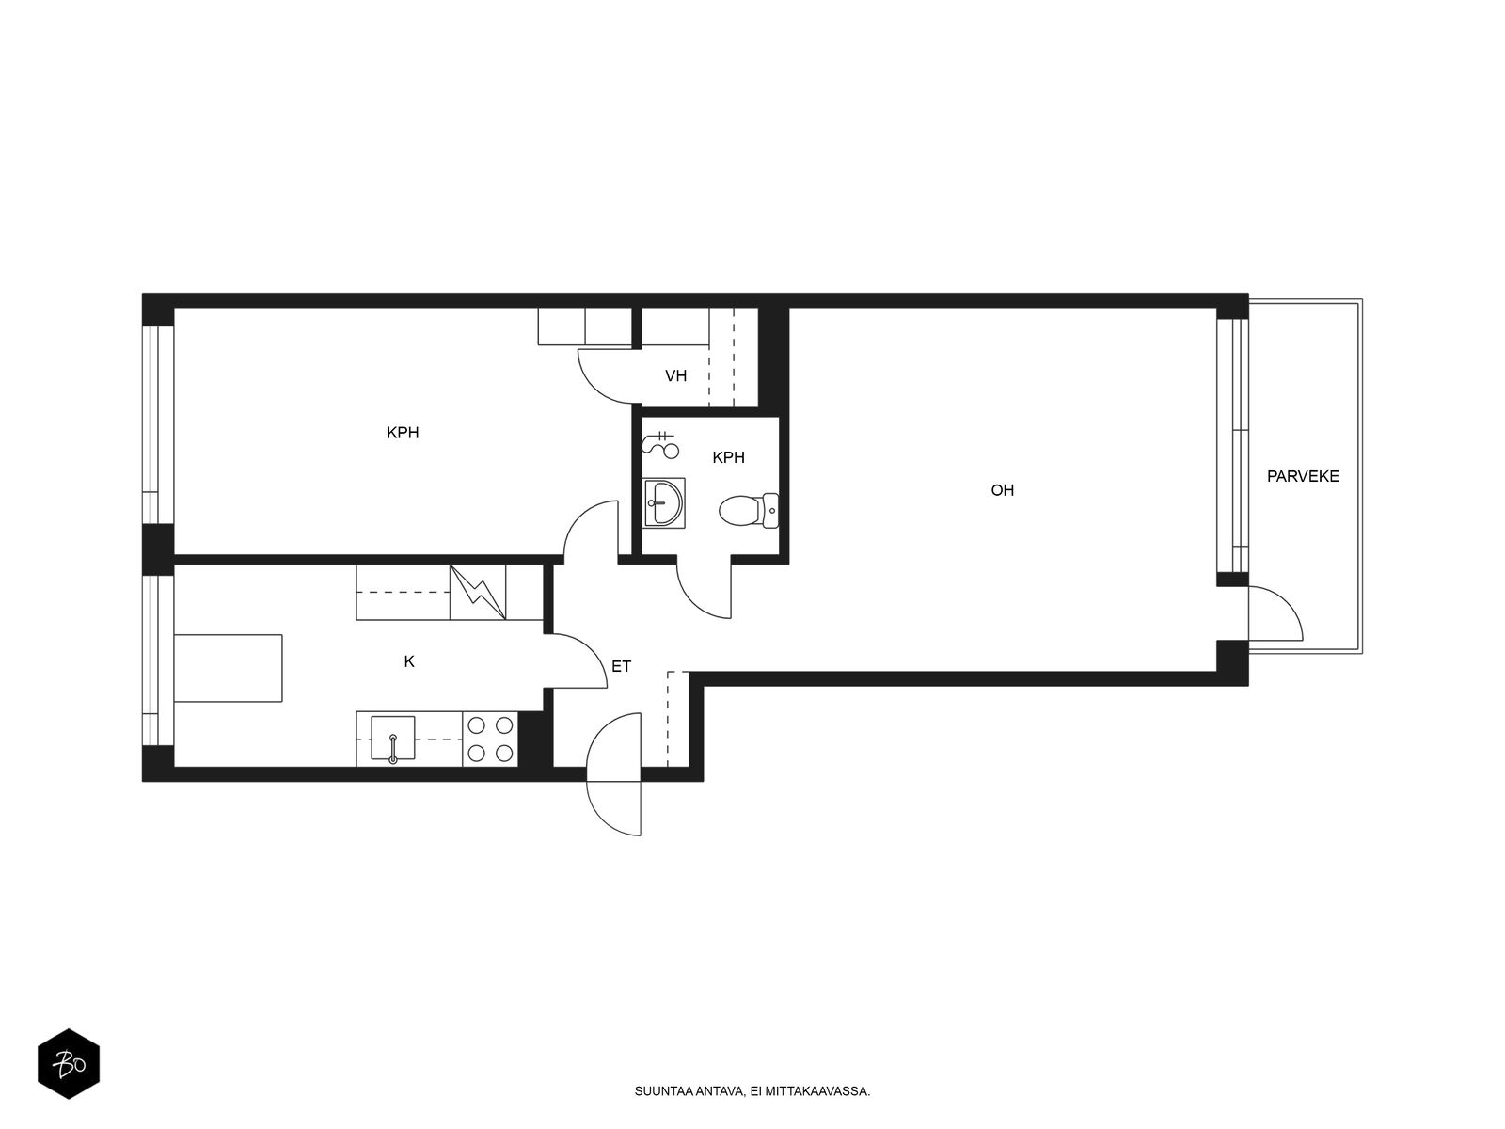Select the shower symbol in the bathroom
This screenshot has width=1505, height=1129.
click(x=660, y=444)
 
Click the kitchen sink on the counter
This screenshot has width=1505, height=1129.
click(x=392, y=739)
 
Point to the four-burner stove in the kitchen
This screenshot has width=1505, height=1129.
click(x=490, y=739)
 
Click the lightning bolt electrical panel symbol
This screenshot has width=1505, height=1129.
click(x=478, y=593)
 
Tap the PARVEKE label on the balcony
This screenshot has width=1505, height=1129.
click(x=1302, y=476)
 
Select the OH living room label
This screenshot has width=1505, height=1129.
click(x=1002, y=490)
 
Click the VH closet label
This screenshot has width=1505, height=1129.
click(x=675, y=375)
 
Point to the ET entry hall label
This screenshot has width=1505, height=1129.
click(x=621, y=666)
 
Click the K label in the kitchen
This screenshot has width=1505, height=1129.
click(x=408, y=661)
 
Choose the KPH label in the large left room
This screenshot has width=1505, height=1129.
click(x=403, y=433)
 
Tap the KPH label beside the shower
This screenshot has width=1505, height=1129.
click(x=728, y=457)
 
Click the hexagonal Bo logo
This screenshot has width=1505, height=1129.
click(x=69, y=1064)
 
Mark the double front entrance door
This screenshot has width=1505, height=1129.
click(x=614, y=774)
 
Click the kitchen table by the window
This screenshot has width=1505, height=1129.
click(x=228, y=668)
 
